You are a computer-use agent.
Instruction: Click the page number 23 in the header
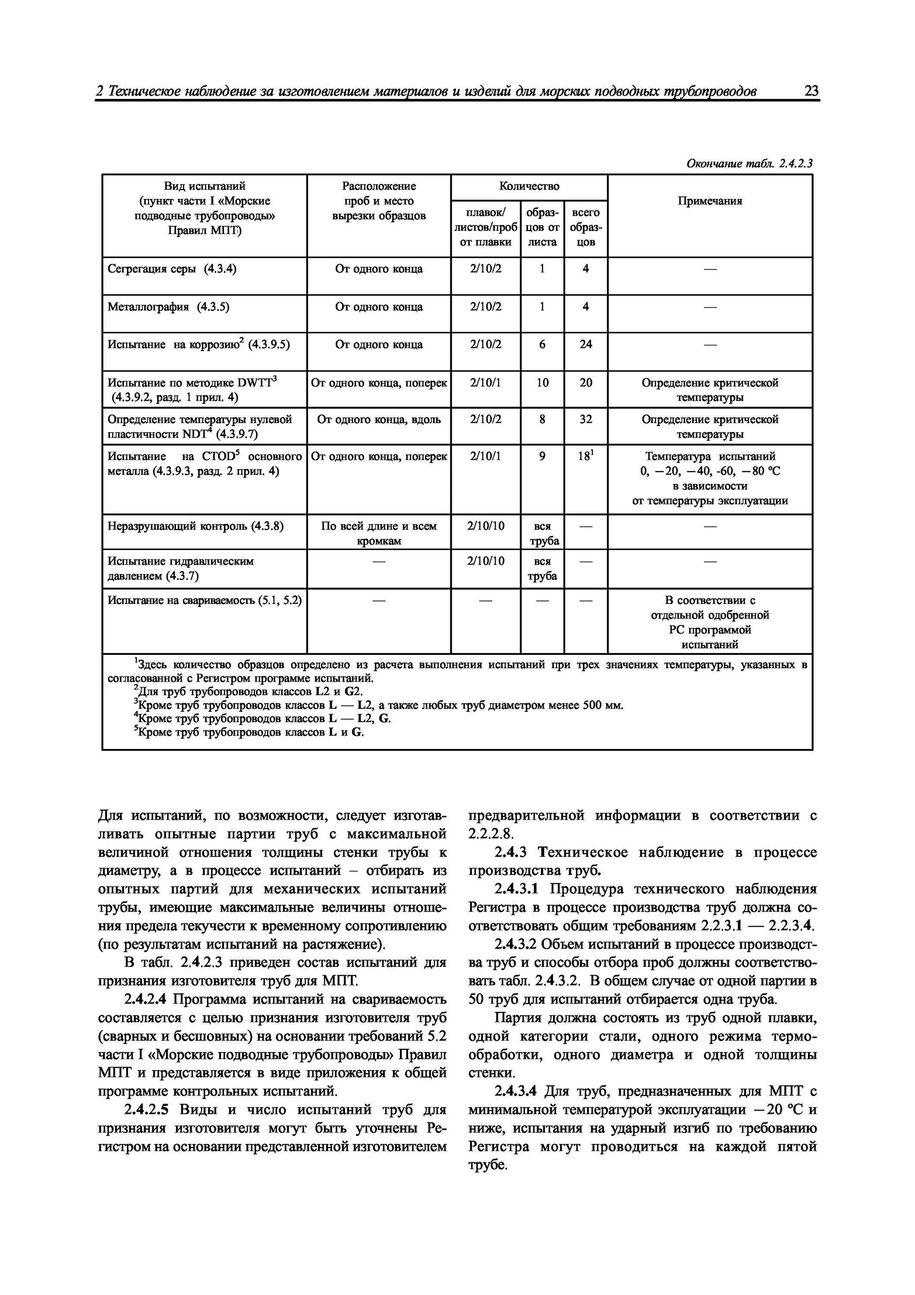coord(811,91)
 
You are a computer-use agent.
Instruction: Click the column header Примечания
coord(709,201)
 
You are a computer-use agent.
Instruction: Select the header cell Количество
coord(529,186)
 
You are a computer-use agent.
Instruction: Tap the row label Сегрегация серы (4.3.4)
coord(172,269)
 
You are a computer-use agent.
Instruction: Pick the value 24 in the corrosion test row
coord(586,344)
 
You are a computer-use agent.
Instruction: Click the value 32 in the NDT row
coord(586,420)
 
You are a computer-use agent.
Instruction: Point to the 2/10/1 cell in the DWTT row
coord(485,383)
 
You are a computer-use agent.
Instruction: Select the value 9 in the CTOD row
coord(542,456)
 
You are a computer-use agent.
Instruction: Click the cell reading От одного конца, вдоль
coord(379,420)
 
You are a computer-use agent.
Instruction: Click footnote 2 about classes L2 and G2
coord(248,692)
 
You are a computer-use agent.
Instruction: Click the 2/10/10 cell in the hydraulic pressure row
coord(485,561)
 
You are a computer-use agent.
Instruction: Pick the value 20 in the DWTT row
coord(586,383)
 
